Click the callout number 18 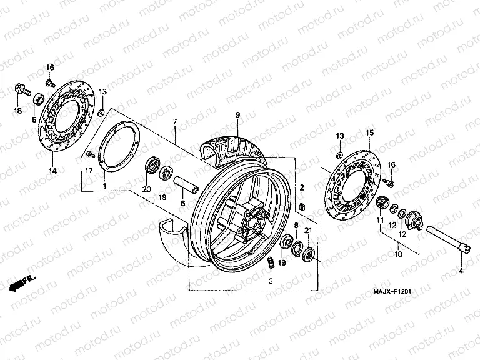(17, 111)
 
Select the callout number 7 (175, 121)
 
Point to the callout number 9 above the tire (237, 115)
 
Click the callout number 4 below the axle (461, 271)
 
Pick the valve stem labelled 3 (271, 264)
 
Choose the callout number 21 (307, 232)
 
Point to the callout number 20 (147, 189)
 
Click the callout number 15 (369, 132)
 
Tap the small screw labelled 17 (91, 154)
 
